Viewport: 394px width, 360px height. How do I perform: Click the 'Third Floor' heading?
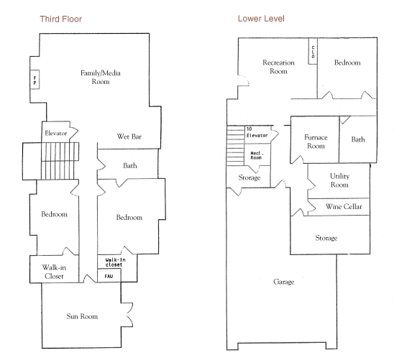tap(61, 19)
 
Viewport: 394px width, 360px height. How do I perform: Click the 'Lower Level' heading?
tap(261, 19)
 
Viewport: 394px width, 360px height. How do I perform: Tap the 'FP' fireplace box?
tap(35, 79)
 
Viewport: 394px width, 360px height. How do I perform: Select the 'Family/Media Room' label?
tap(101, 77)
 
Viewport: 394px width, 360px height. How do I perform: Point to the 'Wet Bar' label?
tap(129, 137)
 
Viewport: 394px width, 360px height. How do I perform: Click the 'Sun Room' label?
tap(82, 316)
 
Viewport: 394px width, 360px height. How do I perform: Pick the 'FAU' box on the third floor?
tap(109, 276)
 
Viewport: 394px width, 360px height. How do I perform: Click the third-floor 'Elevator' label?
tap(56, 133)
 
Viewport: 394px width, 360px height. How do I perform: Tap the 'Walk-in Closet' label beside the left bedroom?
tap(54, 272)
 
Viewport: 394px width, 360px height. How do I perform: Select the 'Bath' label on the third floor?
tap(130, 165)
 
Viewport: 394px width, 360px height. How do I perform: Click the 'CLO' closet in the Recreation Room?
tap(313, 51)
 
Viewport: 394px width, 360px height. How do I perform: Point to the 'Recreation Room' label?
tap(278, 67)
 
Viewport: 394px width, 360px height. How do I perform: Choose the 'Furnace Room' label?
tap(316, 142)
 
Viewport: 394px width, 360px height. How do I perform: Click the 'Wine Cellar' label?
tap(344, 207)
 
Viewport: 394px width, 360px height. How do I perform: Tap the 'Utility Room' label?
tap(340, 180)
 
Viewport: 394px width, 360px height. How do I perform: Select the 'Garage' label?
tap(284, 282)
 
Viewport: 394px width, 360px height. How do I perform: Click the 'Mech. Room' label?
tap(257, 155)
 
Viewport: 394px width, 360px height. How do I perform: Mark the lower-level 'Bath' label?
tap(358, 139)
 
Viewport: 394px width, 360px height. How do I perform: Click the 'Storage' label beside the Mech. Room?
tap(249, 177)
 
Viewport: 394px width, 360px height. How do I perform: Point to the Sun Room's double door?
tap(129, 315)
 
